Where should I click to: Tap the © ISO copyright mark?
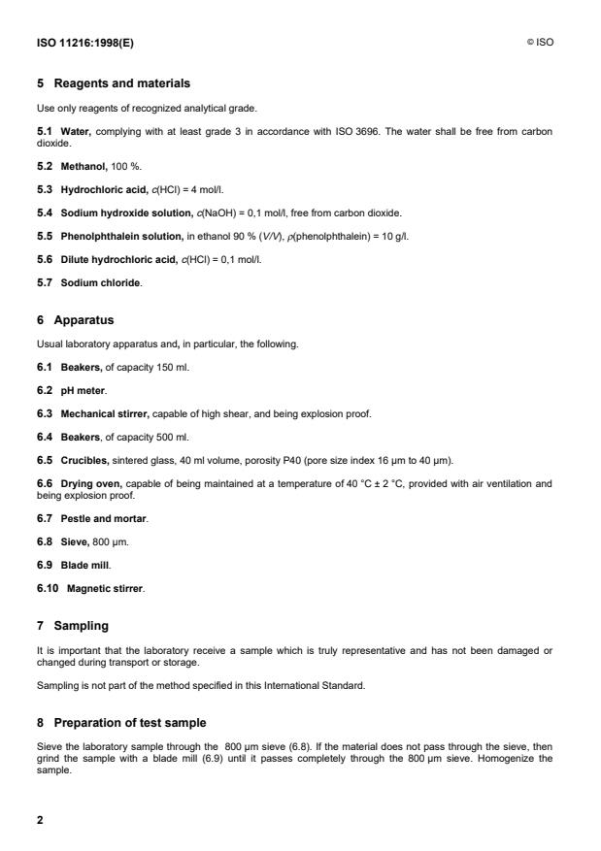pos(540,43)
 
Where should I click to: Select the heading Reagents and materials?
pos(121,83)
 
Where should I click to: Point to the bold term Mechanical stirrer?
pos(106,413)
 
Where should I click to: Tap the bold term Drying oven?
pos(90,482)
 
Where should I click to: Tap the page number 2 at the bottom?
pos(41,821)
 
